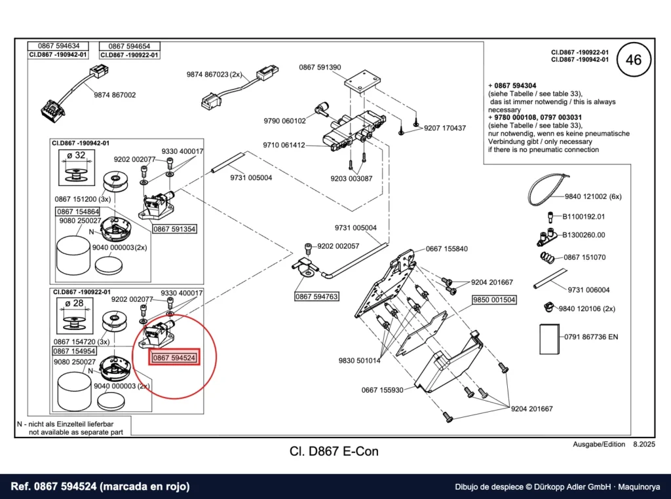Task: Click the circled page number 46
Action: coord(634,60)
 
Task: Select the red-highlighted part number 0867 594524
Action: coord(174,358)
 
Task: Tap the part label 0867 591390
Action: coord(320,67)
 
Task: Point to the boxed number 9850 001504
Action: coord(494,300)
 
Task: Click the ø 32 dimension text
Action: coord(76,156)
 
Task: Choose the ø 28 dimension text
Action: coord(75,304)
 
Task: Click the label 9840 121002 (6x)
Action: coord(593,196)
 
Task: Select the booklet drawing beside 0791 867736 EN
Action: coord(550,339)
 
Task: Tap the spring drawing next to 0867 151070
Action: coord(548,257)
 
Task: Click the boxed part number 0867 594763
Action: coord(316,296)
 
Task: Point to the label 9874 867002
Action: coord(115,95)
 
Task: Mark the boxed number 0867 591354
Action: coord(174,229)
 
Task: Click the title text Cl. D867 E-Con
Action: coord(334,451)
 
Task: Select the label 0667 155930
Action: coord(382,390)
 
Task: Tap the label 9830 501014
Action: coord(360,360)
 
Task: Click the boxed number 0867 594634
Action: coord(58,46)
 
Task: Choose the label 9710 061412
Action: coord(284,145)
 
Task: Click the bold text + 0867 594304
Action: coord(512,86)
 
